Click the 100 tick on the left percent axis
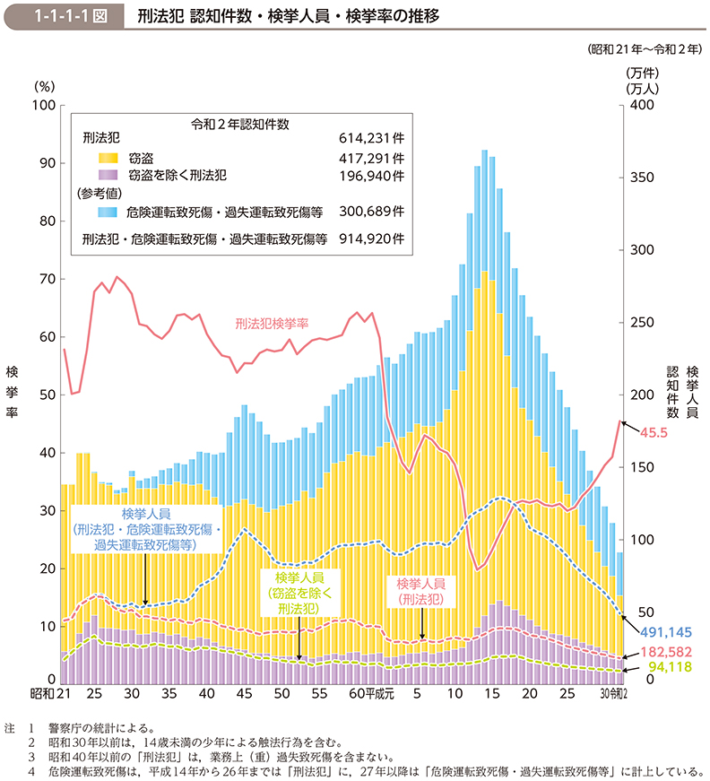[41, 106]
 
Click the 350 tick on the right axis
[638, 178]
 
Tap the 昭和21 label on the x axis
[56, 693]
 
